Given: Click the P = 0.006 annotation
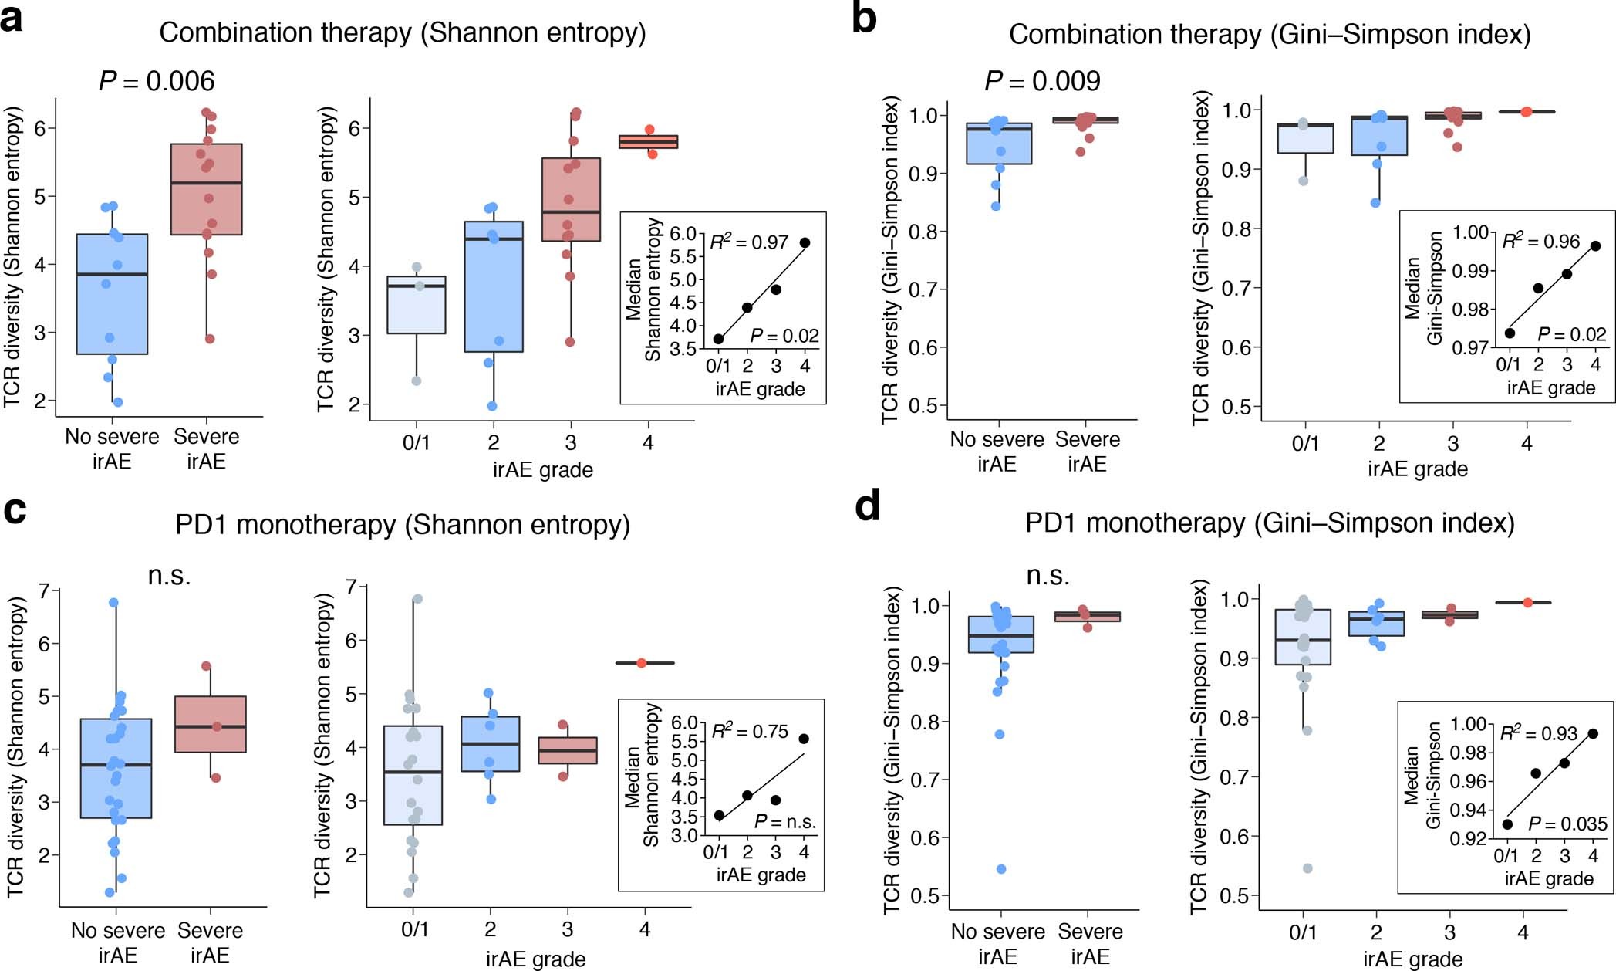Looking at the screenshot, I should [x=157, y=81].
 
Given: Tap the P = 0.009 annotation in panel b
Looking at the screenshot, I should [x=1043, y=80].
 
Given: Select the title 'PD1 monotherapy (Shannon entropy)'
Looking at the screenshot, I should [x=403, y=525].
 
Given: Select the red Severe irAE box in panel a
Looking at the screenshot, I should [x=207, y=189].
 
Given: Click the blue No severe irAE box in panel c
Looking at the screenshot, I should [x=116, y=768].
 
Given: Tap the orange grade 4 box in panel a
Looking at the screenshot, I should [x=648, y=141].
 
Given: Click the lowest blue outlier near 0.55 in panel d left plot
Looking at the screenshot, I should [x=1001, y=869].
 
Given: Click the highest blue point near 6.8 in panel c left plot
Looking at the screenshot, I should [x=113, y=603].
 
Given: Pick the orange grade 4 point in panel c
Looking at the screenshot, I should [x=642, y=663].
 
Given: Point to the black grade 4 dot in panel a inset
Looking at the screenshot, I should [x=805, y=242].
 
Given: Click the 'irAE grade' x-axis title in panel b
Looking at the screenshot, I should [x=1417, y=469].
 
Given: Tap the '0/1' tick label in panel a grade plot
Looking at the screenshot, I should [x=417, y=443].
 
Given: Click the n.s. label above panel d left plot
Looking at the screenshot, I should [x=1048, y=575].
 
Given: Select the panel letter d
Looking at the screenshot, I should [x=868, y=507].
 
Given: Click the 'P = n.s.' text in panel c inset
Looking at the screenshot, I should [x=784, y=822].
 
